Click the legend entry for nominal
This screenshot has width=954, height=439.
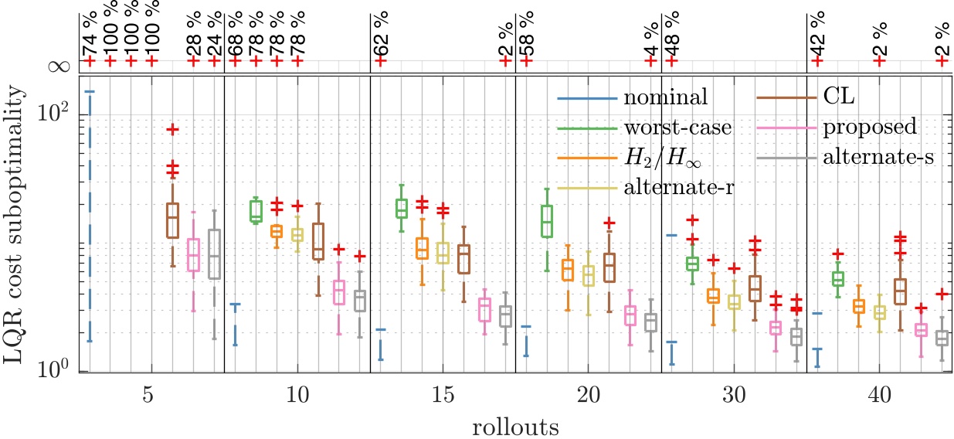point(665,98)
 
